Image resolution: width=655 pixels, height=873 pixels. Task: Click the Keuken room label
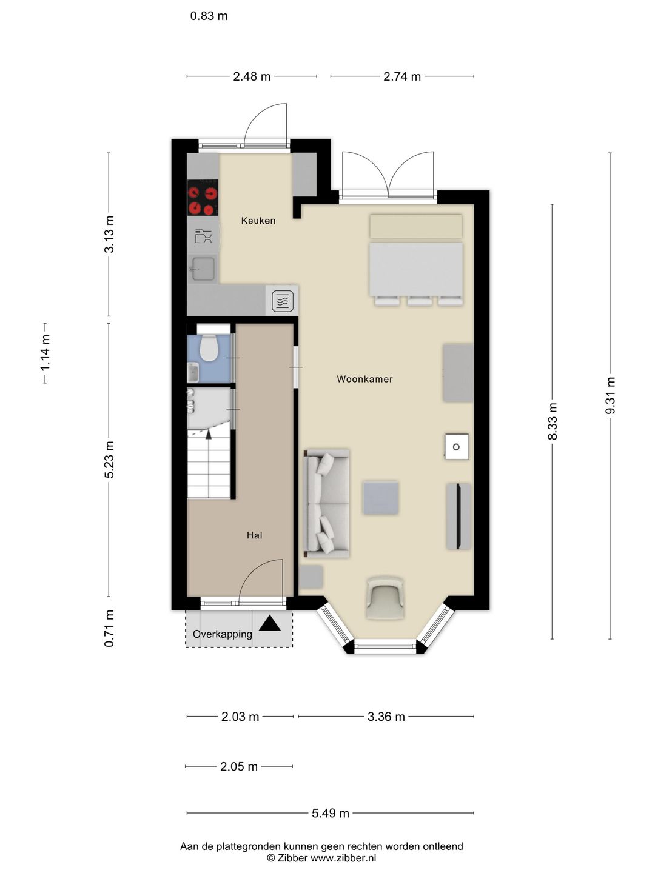[258, 221]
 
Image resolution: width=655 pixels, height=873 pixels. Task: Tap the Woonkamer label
[364, 379]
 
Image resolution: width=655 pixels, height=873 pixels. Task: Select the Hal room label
[255, 535]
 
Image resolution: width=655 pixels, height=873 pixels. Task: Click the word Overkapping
[223, 634]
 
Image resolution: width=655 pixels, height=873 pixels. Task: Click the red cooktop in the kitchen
[203, 197]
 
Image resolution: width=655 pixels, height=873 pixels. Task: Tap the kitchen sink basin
[203, 269]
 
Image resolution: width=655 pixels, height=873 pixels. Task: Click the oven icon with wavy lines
[283, 301]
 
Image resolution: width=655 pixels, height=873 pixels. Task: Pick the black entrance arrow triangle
[270, 624]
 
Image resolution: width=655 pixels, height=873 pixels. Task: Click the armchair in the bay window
[385, 598]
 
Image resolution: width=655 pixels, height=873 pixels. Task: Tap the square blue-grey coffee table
[381, 498]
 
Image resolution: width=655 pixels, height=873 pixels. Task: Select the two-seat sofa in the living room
[326, 504]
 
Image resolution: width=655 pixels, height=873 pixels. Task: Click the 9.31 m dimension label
[610, 396]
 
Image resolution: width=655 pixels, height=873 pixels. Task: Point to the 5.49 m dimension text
[330, 814]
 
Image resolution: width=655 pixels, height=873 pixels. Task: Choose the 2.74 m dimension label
[401, 76]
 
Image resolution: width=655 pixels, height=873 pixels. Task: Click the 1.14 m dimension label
[45, 353]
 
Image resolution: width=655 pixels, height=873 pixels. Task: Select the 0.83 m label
[209, 16]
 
